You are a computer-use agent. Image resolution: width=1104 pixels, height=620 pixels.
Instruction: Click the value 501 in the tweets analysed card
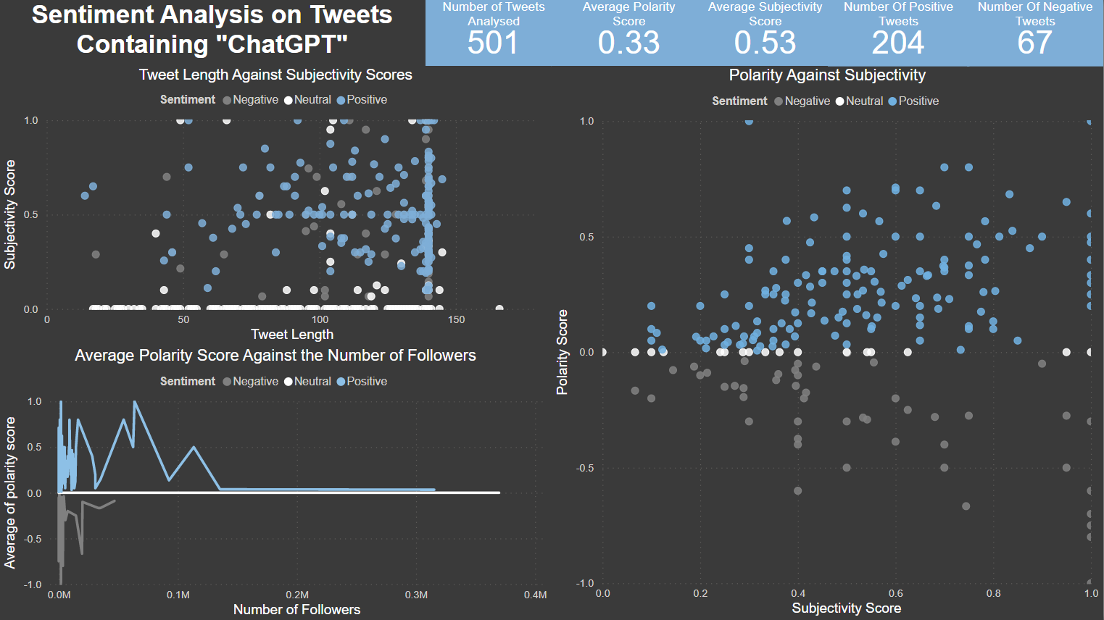[493, 43]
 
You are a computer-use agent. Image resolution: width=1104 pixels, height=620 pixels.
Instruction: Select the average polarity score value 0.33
[628, 43]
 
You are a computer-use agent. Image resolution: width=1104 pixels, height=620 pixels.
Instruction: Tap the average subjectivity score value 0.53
[765, 43]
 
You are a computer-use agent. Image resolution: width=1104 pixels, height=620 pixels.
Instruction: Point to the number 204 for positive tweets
[898, 43]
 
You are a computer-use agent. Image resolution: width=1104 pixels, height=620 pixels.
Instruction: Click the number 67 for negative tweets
[1034, 43]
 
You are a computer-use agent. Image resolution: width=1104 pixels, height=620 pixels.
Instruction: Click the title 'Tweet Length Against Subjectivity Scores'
[275, 75]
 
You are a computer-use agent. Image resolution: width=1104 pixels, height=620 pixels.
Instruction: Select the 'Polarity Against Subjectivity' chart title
[827, 75]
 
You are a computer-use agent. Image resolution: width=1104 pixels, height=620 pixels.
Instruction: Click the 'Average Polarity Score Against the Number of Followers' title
[275, 356]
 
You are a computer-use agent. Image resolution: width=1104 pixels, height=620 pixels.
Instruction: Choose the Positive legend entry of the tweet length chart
[366, 100]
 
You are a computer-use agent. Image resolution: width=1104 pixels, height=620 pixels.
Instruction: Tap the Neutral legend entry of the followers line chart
[312, 382]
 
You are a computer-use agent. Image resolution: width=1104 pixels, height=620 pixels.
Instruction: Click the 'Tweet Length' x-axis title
[292, 335]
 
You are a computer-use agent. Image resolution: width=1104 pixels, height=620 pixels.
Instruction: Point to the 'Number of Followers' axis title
[296, 610]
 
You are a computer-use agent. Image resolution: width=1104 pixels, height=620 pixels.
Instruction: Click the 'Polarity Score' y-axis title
[562, 352]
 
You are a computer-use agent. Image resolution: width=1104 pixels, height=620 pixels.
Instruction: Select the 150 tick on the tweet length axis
[456, 319]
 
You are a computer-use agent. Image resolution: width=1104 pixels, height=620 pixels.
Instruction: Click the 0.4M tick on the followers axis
[535, 595]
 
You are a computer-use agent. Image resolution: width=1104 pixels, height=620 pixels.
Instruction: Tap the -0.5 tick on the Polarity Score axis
[584, 468]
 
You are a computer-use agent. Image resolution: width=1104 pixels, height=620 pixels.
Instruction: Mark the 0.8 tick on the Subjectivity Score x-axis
[993, 593]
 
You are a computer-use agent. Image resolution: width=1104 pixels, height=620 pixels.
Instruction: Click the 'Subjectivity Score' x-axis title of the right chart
[846, 608]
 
